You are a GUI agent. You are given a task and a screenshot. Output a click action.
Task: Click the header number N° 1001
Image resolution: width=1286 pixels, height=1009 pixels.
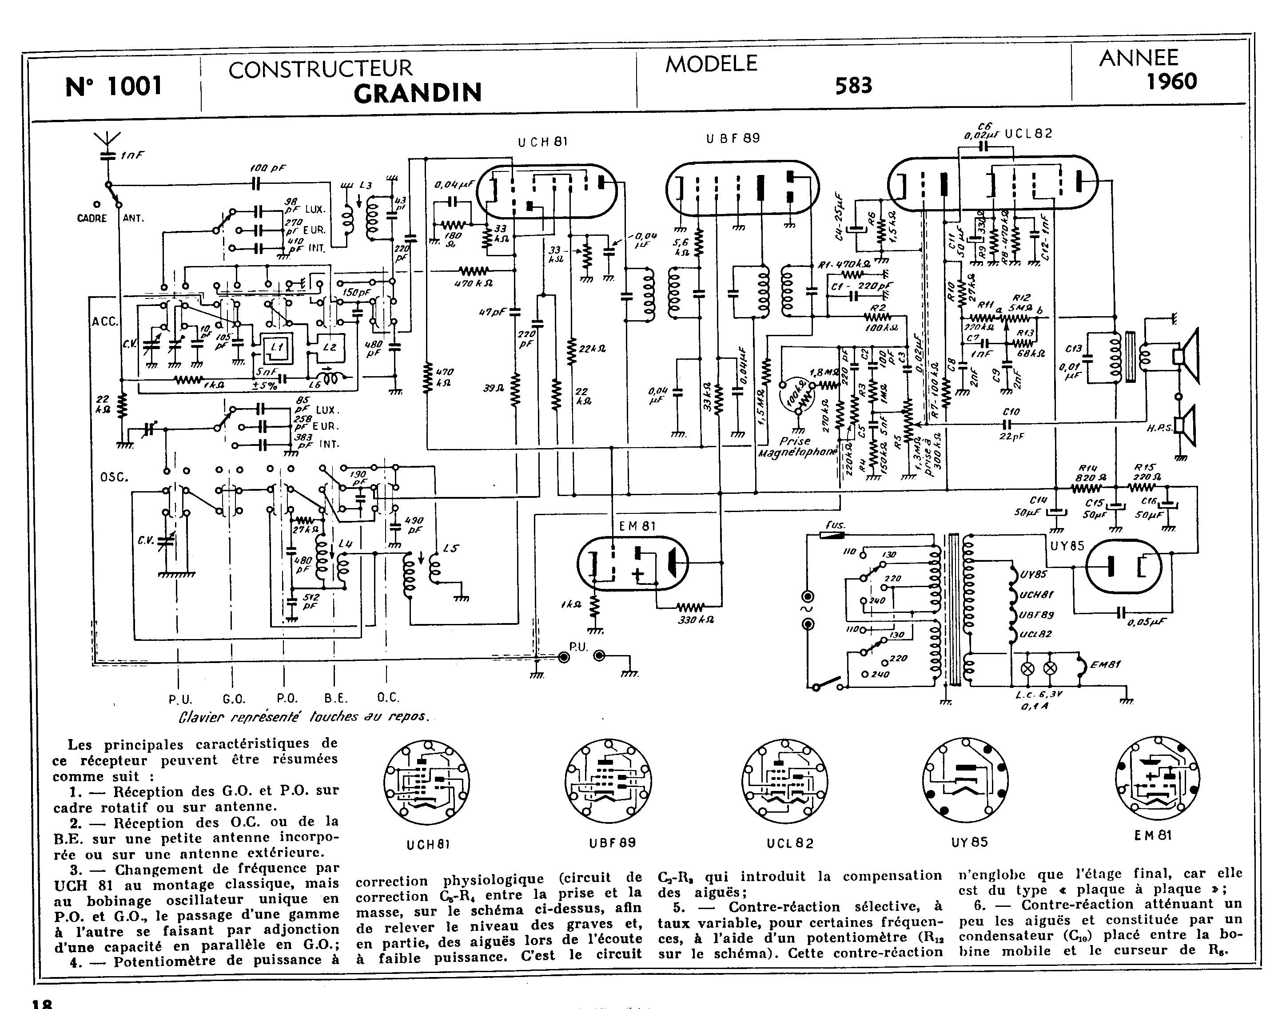pyautogui.click(x=113, y=86)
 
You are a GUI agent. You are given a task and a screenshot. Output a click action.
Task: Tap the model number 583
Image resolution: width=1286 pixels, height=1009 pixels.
pyautogui.click(x=853, y=86)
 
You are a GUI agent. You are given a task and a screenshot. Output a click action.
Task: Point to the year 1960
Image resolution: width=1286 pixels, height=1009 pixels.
pyautogui.click(x=1171, y=82)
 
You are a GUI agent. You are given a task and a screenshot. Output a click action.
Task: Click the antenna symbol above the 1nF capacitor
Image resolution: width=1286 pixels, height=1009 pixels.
pyautogui.click(x=107, y=141)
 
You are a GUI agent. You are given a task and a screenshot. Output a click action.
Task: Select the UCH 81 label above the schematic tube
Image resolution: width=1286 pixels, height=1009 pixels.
pyautogui.click(x=542, y=142)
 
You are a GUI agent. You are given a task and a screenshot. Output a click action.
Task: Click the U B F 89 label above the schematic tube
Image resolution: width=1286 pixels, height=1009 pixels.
pyautogui.click(x=733, y=138)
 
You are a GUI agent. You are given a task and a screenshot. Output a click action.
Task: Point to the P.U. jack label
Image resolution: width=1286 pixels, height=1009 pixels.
pyautogui.click(x=578, y=647)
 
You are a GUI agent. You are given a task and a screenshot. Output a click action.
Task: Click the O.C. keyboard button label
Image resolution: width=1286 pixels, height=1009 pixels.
pyautogui.click(x=388, y=698)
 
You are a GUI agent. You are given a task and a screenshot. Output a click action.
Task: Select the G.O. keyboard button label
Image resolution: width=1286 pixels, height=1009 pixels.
pyautogui.click(x=234, y=699)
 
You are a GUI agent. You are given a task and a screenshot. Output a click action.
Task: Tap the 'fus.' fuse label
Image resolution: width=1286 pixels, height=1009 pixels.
pyautogui.click(x=835, y=524)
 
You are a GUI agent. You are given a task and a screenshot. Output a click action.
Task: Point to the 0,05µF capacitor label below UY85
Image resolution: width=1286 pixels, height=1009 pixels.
pyautogui.click(x=1147, y=623)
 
